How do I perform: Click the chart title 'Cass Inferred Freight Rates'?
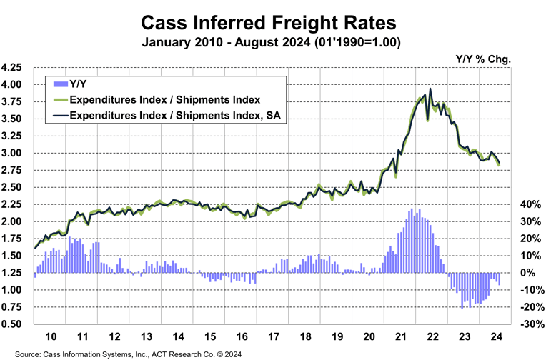tap(272, 19)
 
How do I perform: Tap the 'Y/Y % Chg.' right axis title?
tap(482, 58)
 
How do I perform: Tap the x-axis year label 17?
tap(273, 336)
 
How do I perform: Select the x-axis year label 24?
tap(497, 336)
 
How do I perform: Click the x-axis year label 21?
tap(401, 336)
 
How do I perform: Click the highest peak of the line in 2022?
tap(430, 89)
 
